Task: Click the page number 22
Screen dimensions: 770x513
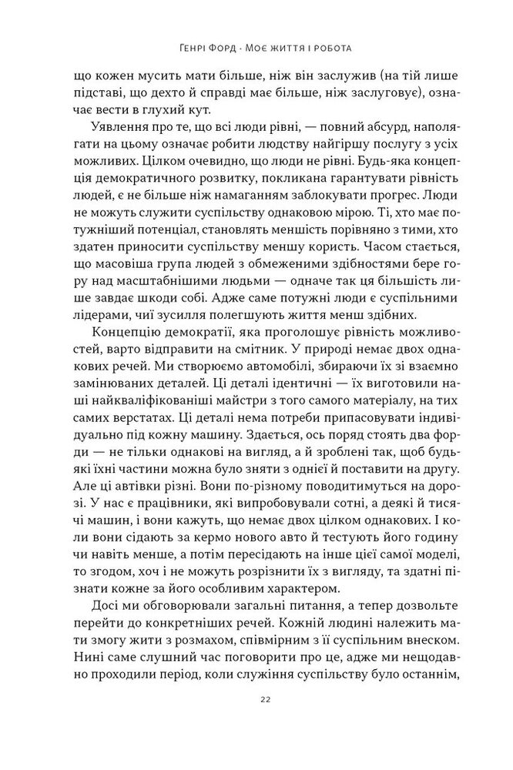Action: tap(256, 719)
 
